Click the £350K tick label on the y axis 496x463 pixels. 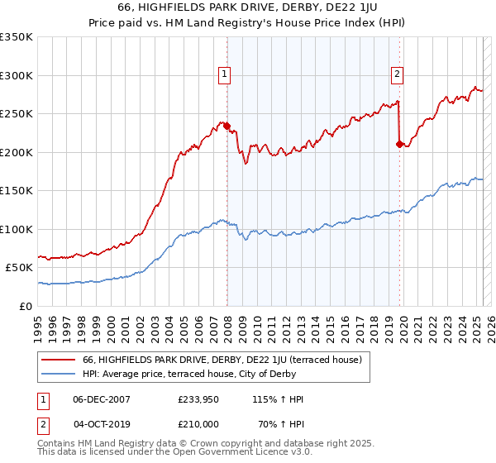tap(17, 37)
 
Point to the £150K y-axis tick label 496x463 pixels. tap(17, 191)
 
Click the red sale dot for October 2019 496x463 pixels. tap(400, 145)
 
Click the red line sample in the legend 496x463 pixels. tap(60, 360)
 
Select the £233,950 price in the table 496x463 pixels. tap(199, 399)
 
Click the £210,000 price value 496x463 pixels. tap(199, 424)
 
